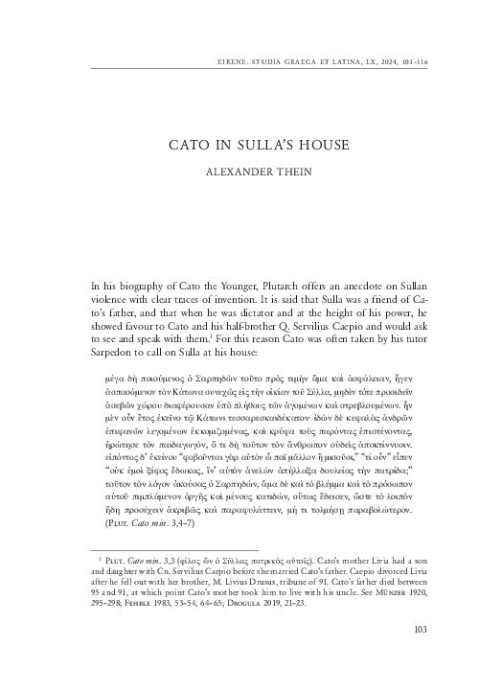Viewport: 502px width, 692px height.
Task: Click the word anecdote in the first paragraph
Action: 354,286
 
